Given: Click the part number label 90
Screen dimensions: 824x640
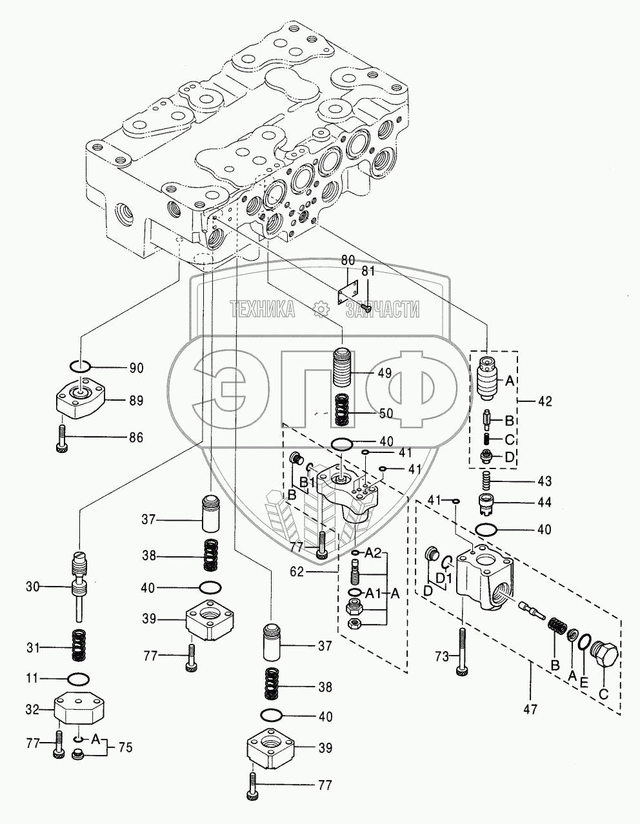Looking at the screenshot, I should pyautogui.click(x=136, y=368).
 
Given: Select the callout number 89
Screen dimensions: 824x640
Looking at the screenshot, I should pyautogui.click(x=136, y=401).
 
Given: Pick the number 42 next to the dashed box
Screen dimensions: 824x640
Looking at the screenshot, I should pyautogui.click(x=545, y=401).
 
